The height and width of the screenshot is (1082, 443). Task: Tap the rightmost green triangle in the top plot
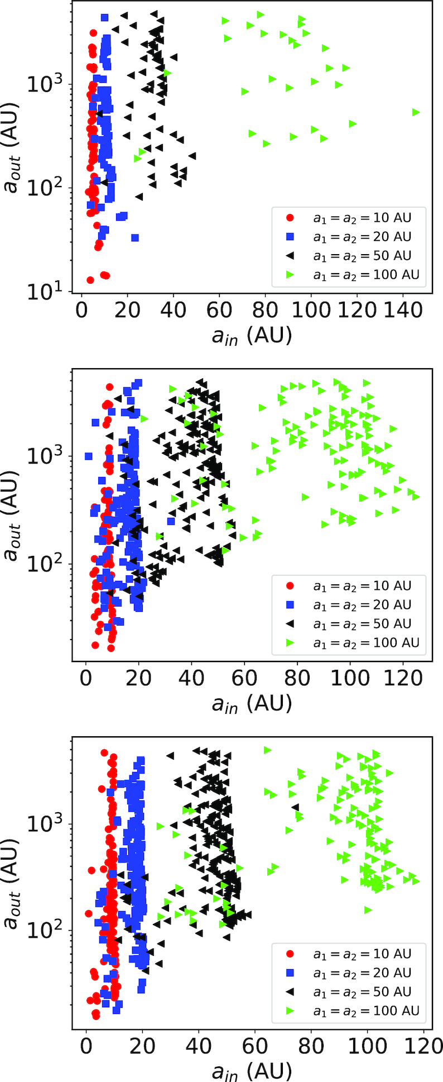tap(416, 112)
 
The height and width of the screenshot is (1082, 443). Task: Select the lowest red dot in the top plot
tap(90, 280)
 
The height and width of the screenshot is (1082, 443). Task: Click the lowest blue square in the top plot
tap(135, 238)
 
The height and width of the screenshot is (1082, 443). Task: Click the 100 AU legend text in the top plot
tap(365, 275)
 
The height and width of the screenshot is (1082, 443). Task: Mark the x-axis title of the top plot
tap(252, 336)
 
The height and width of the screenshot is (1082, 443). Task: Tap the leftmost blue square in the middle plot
tap(88, 456)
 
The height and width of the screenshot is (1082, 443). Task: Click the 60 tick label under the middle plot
tap(244, 678)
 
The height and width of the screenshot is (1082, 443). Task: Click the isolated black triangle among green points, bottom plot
tap(295, 807)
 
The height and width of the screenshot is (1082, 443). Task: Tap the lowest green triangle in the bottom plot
tap(368, 910)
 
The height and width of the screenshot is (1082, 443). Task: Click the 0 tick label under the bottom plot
tap(85, 1046)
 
